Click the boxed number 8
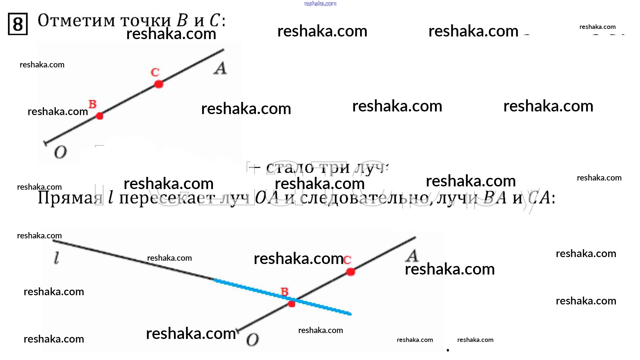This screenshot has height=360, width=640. pyautogui.click(x=18, y=24)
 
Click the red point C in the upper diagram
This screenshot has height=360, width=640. pyautogui.click(x=159, y=84)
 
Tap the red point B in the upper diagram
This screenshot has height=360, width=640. pyautogui.click(x=100, y=116)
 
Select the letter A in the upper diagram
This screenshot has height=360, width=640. pyautogui.click(x=220, y=68)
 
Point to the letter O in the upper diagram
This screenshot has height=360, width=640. pyautogui.click(x=60, y=152)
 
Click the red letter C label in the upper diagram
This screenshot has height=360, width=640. pyautogui.click(x=155, y=72)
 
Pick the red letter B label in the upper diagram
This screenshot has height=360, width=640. pyautogui.click(x=93, y=104)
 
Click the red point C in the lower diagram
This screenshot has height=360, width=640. pyautogui.click(x=351, y=272)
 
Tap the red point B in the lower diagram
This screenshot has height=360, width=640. pyautogui.click(x=291, y=304)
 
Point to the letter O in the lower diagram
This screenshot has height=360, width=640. pyautogui.click(x=252, y=340)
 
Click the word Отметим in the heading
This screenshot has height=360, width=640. pyautogui.click(x=77, y=20)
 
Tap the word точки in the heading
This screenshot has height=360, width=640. pyautogui.click(x=146, y=21)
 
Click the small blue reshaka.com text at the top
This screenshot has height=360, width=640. pyautogui.click(x=320, y=4)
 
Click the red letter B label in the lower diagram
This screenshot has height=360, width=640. pyautogui.click(x=285, y=291)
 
